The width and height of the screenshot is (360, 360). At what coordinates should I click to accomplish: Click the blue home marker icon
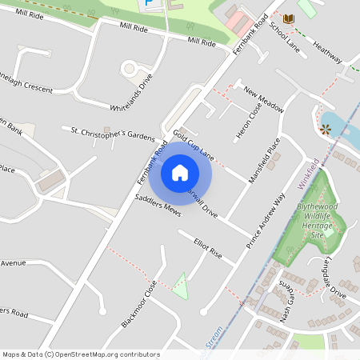point(180,173)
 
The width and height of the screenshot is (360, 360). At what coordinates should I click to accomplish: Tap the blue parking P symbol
point(150,5)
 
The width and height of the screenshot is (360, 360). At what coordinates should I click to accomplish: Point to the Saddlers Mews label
point(158,206)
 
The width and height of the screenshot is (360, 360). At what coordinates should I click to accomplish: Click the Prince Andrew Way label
point(266,222)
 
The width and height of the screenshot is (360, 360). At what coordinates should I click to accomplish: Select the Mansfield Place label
point(265,161)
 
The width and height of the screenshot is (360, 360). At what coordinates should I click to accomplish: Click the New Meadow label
point(264,100)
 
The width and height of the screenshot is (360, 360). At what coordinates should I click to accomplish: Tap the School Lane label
point(284,37)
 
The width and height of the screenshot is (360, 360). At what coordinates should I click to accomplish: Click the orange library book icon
point(288,18)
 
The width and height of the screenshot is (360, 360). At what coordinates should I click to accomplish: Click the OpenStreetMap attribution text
point(81,354)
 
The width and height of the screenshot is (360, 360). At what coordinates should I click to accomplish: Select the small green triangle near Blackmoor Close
point(181,286)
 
